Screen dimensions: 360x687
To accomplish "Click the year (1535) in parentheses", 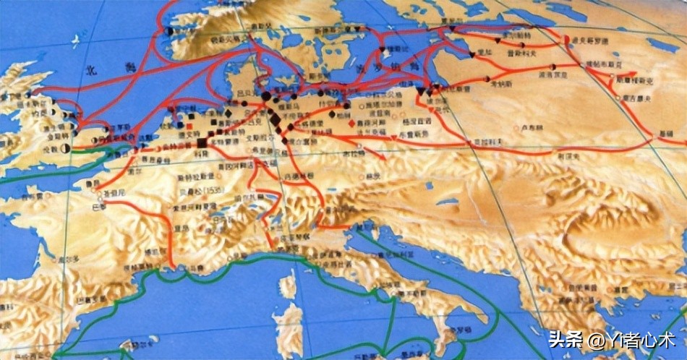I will pyautogui.click(x=213, y=189).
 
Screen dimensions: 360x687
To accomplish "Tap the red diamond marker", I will pyautogui.click(x=351, y=123).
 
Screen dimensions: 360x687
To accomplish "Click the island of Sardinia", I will pyautogui.click(x=290, y=329).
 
